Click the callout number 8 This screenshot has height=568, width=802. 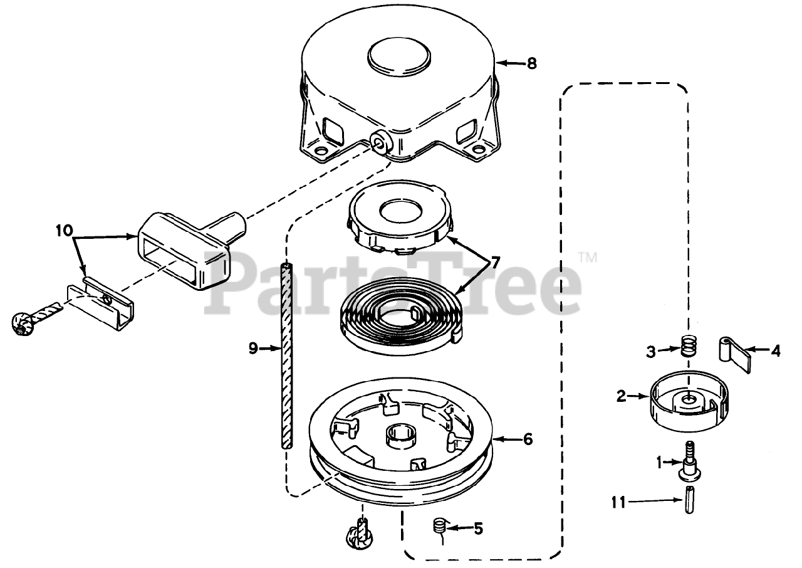[531, 63]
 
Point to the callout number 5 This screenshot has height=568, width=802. [478, 529]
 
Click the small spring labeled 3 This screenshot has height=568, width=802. [689, 345]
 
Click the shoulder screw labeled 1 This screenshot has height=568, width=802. [689, 460]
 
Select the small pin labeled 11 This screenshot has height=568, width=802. [689, 500]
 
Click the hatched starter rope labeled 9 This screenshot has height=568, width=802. [287, 354]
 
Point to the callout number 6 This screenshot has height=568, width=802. [528, 439]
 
